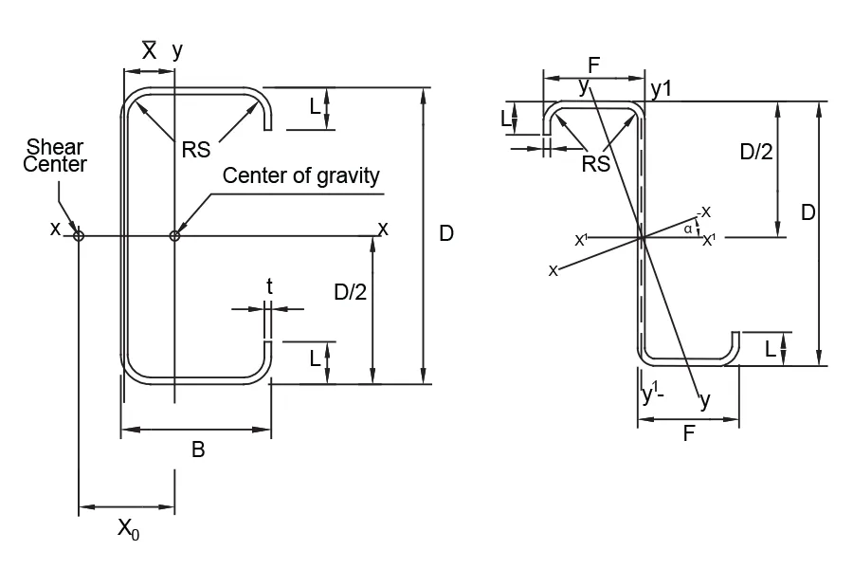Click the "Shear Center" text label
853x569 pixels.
pos(54,156)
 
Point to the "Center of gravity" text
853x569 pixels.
pos(300,175)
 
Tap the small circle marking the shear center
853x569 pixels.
pos(79,235)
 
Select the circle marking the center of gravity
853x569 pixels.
pos(174,235)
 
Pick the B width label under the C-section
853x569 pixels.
pos(198,450)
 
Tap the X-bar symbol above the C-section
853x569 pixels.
pos(149,51)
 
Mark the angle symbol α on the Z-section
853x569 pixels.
pos(687,229)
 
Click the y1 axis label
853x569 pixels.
pos(662,88)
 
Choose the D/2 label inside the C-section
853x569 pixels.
pos(351,293)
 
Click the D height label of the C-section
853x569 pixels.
pos(447,233)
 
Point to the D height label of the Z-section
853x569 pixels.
pos(808,212)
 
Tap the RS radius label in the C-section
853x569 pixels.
pos(197,150)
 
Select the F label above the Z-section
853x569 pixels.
pos(593,65)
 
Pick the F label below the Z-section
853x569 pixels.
pos(689,435)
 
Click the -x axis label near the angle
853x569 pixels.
pos(704,211)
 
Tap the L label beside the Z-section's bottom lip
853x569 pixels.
pos(771,349)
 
